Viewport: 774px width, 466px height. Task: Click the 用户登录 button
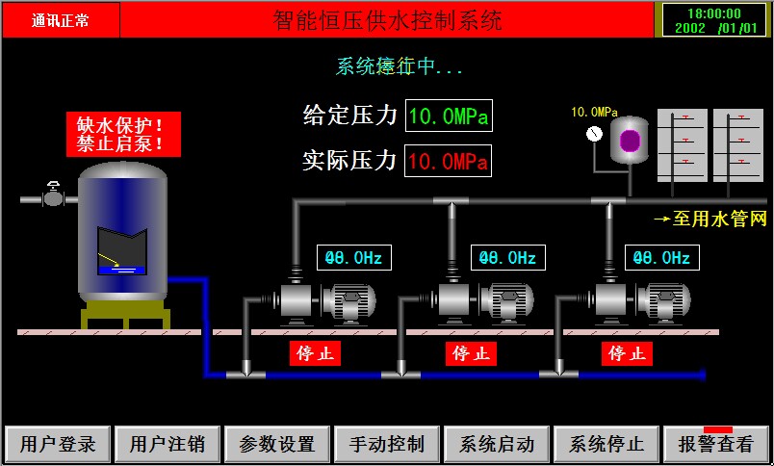click(x=58, y=444)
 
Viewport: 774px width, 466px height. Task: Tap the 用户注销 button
click(x=168, y=444)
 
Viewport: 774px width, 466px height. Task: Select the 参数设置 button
click(x=277, y=444)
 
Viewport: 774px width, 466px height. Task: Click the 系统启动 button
click(x=497, y=444)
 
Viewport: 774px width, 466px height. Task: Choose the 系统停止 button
click(x=606, y=444)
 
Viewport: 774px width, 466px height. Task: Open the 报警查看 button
click(x=716, y=444)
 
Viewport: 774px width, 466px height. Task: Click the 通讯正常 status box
click(x=61, y=20)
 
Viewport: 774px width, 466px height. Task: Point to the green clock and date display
click(x=714, y=20)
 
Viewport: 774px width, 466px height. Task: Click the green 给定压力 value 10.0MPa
click(x=449, y=116)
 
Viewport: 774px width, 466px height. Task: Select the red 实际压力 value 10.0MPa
click(x=449, y=161)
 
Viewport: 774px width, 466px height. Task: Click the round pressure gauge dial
click(x=594, y=134)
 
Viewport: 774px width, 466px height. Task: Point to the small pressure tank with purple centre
click(x=630, y=141)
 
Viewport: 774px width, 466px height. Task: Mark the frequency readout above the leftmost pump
click(x=354, y=258)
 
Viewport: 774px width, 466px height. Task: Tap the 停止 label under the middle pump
click(x=471, y=353)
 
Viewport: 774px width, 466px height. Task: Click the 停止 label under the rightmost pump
click(x=628, y=353)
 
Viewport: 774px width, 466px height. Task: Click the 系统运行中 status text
click(x=400, y=66)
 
